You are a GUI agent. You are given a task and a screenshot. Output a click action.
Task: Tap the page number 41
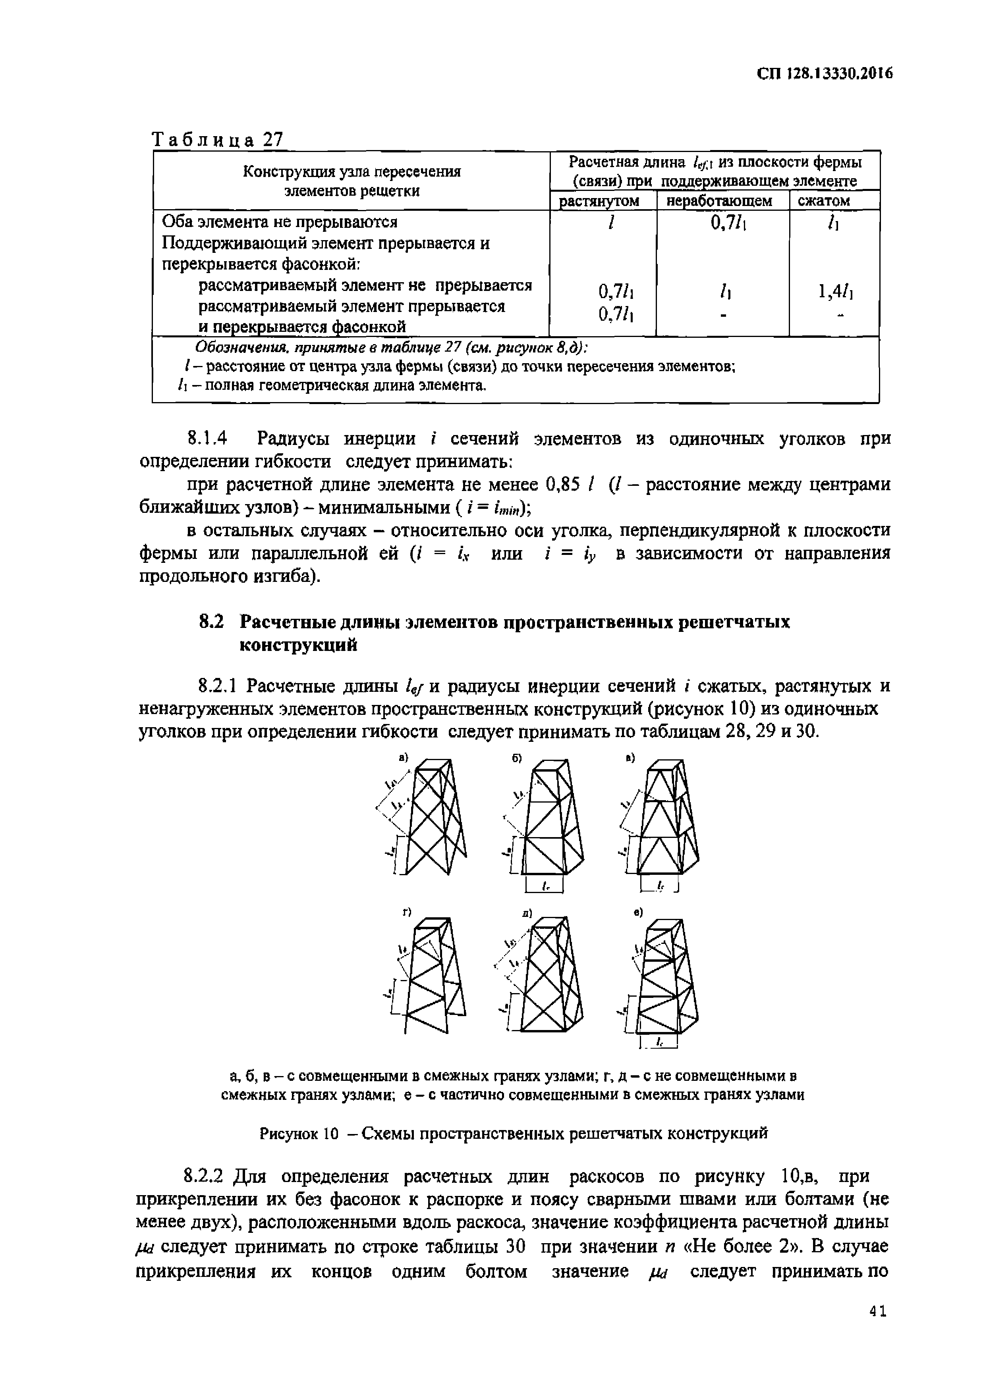click(x=878, y=1329)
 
